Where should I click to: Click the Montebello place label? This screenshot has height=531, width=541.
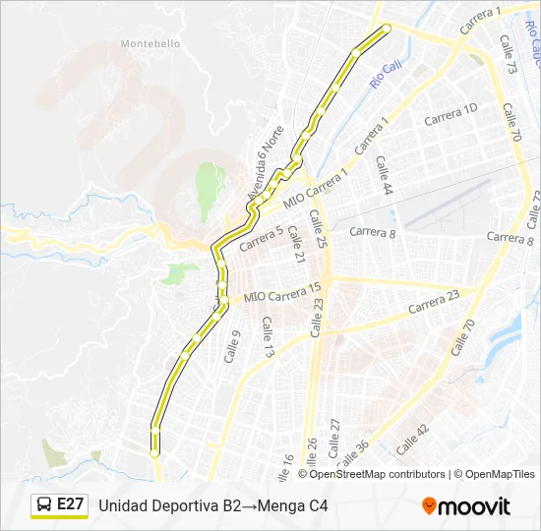point(150,43)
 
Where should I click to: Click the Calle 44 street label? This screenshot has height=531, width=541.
point(383,175)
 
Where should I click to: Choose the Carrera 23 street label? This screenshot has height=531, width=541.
point(434,301)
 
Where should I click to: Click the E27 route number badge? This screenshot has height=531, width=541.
point(70,504)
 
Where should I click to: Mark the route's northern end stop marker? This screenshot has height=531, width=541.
point(386,28)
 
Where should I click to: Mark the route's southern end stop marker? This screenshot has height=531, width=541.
point(154,452)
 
